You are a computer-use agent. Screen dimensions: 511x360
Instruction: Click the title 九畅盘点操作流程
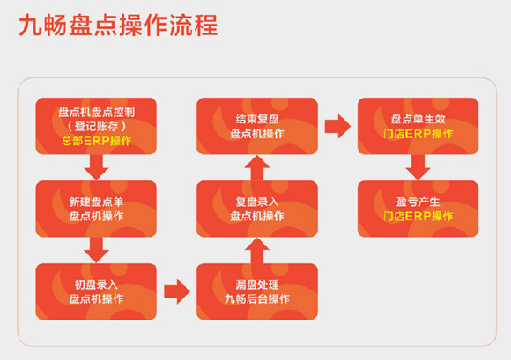coord(118,26)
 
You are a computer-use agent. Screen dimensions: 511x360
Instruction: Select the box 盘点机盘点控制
coord(96,126)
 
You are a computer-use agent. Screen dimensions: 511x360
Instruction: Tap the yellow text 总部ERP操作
coord(96,141)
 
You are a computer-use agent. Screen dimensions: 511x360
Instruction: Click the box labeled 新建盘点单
coord(96,209)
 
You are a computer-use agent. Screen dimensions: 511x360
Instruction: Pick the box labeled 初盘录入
coord(96,291)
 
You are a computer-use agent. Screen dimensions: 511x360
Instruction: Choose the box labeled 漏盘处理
coord(257,291)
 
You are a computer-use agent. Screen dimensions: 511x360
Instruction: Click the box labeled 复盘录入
coord(257,209)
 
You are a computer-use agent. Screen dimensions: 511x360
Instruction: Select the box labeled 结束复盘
coord(257,126)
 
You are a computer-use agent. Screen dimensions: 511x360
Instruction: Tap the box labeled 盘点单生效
coord(418,126)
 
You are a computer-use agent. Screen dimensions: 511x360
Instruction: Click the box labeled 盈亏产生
coord(418,209)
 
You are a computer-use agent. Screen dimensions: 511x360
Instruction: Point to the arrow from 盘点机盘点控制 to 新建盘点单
coord(96,167)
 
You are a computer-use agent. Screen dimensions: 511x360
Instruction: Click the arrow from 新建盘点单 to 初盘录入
coord(96,250)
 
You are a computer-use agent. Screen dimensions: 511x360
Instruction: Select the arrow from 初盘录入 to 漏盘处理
coord(177,291)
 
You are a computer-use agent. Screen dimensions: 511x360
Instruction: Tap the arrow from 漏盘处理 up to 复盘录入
coord(257,250)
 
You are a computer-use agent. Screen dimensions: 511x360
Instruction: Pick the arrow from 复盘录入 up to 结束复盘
coord(257,167)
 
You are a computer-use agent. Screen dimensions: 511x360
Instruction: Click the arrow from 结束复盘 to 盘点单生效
coord(337,126)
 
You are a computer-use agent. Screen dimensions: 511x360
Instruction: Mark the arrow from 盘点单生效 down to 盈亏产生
coord(418,167)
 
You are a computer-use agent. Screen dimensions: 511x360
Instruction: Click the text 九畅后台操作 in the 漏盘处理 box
coord(257,298)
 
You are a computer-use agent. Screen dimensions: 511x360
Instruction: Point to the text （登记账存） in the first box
coord(96,126)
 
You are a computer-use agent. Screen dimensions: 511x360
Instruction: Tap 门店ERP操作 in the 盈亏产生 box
coord(418,217)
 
